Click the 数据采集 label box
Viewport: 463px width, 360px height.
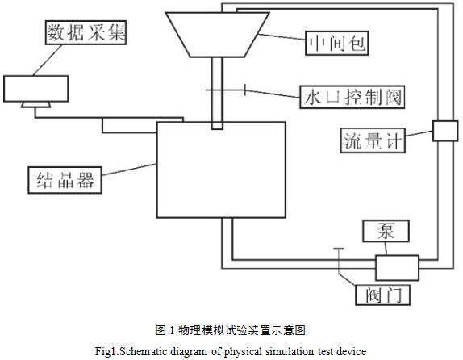tap(86, 32)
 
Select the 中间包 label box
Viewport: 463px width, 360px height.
tap(337, 43)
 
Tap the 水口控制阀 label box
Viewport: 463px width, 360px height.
tap(352, 97)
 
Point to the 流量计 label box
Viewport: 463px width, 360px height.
tap(373, 140)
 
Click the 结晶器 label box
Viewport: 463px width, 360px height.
tap(65, 180)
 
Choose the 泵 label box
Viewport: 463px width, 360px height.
tap(386, 231)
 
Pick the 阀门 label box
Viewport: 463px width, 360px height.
tap(383, 295)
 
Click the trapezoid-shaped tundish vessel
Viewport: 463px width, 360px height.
tap(217, 35)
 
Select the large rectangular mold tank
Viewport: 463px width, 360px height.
tap(221, 170)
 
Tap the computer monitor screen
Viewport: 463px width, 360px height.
tap(36, 89)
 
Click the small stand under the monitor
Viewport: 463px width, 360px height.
tap(36, 105)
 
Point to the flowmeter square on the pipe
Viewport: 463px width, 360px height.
tap(445, 131)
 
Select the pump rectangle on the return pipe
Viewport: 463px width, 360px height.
tap(397, 268)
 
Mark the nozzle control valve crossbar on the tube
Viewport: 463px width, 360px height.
tap(226, 90)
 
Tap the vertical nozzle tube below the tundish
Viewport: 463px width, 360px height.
tap(217, 94)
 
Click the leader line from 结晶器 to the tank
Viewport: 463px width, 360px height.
tap(129, 170)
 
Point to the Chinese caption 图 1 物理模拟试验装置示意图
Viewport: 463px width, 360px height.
tap(231, 330)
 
